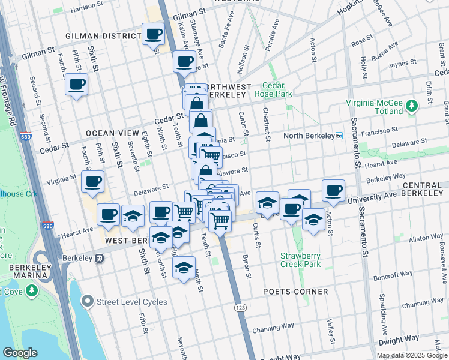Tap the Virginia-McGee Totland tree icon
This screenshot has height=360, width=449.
click(412, 106)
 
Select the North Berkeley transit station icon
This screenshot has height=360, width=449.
click(339, 136)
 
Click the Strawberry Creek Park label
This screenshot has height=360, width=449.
click(300, 260)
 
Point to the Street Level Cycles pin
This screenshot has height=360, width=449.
click(88, 302)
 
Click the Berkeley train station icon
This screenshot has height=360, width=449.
click(99, 259)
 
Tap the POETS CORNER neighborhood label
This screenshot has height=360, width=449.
click(295, 292)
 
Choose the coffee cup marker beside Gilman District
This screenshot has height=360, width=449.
click(153, 34)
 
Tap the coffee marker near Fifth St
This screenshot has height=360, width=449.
click(76, 85)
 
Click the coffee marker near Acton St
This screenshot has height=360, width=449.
click(333, 191)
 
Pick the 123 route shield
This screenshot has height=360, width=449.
click(240, 308)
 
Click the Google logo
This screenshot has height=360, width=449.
click(20, 353)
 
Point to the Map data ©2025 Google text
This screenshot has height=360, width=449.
click(412, 355)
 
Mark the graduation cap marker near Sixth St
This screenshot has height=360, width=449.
click(133, 217)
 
